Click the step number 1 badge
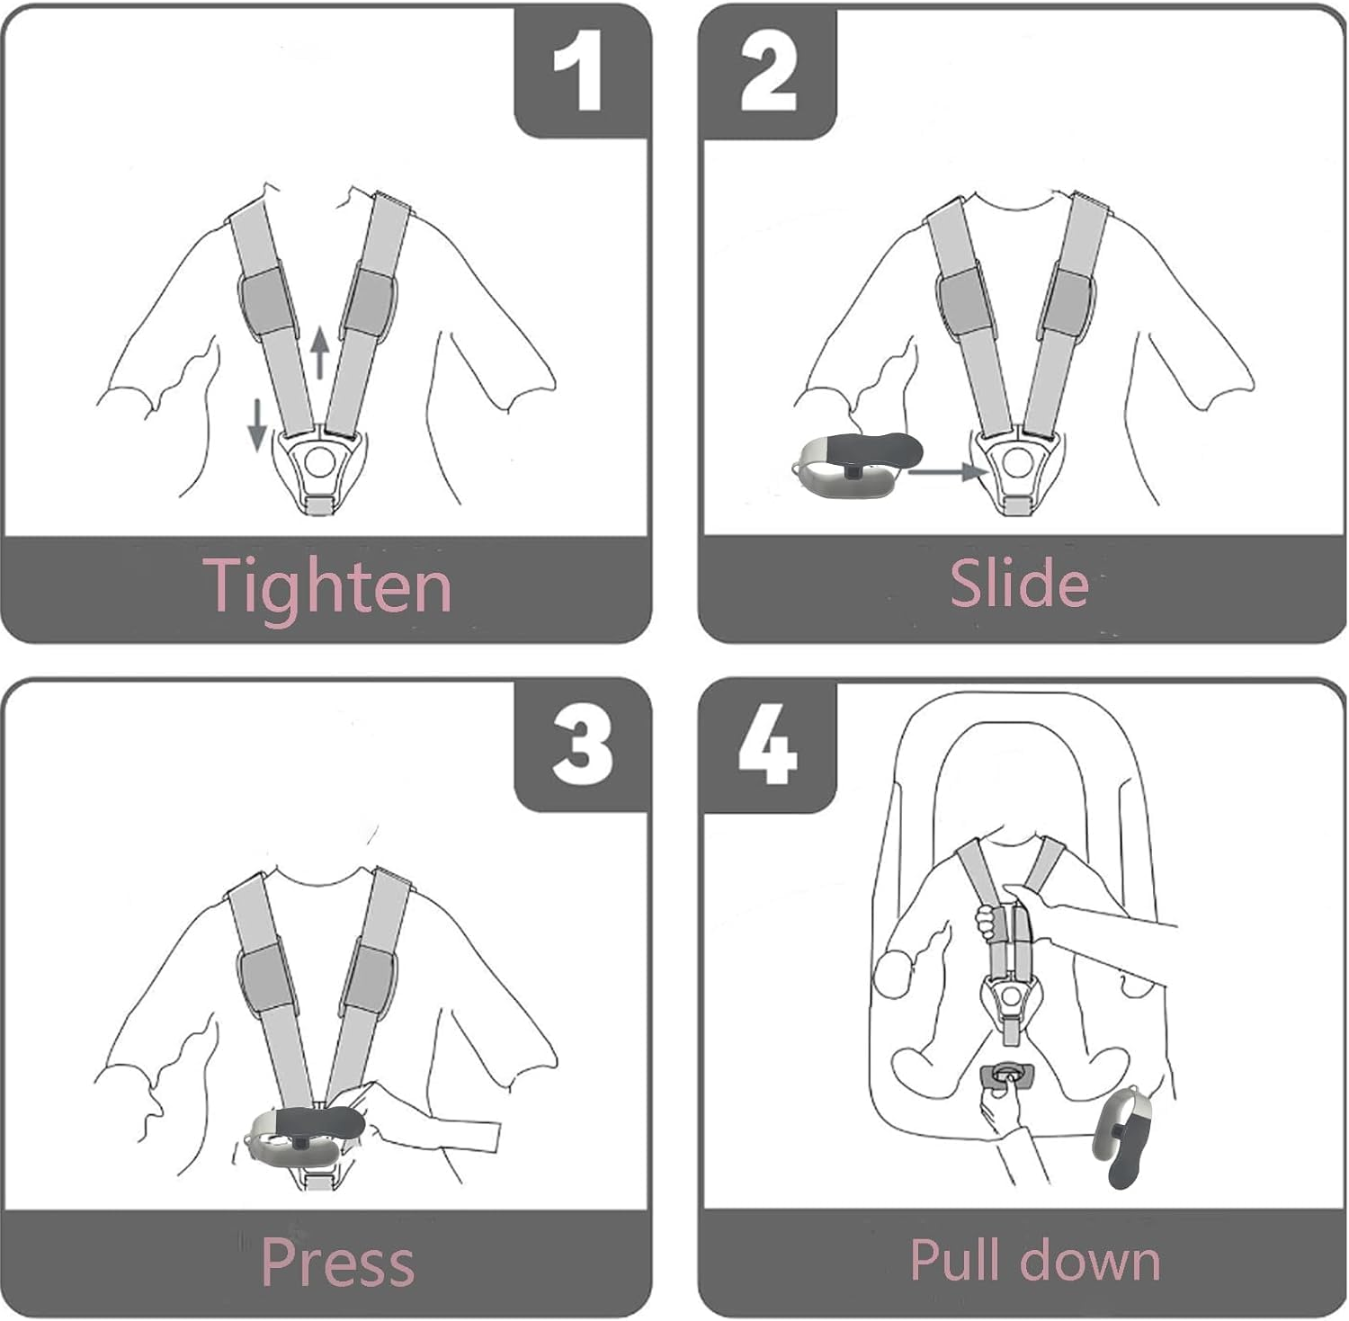coord(580,72)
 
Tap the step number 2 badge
coord(768,72)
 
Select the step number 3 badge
coord(580,746)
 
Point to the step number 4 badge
coord(768,746)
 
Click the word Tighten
coord(328,586)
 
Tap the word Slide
coord(1019,583)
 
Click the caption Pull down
coord(1035,1259)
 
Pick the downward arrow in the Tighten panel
coord(257,424)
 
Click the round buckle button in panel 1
coord(318,462)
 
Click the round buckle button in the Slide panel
coord(1017,462)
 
